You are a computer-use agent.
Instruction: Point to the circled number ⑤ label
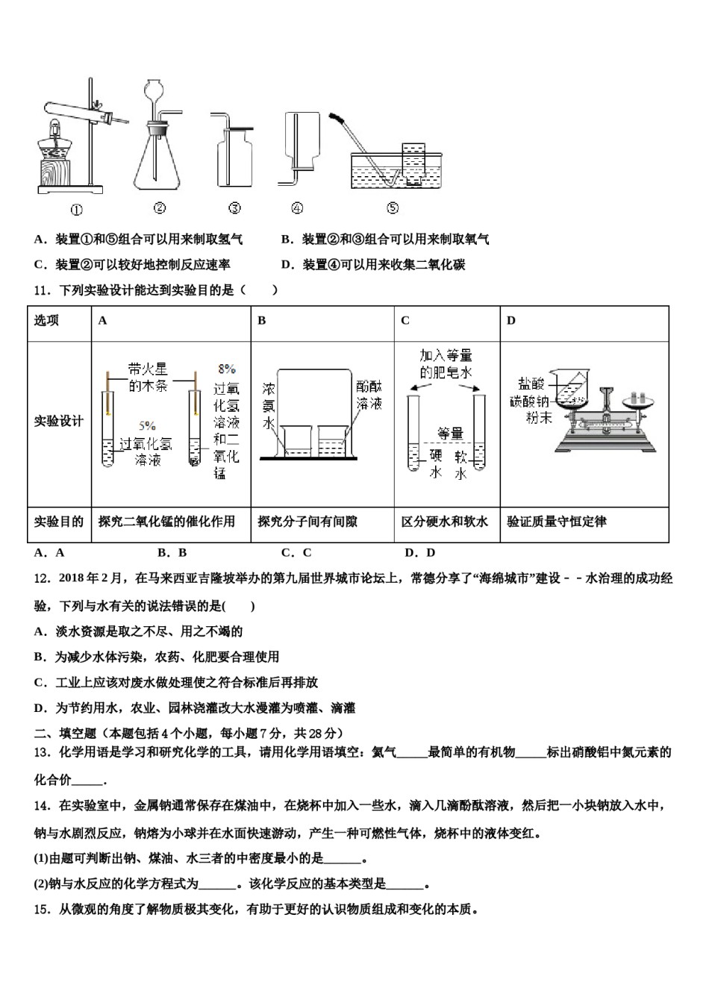click(393, 208)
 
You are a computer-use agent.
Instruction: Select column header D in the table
click(511, 321)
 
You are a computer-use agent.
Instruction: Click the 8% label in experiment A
click(227, 369)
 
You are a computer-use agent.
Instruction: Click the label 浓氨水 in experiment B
click(269, 406)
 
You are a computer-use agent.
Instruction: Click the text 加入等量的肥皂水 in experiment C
click(446, 364)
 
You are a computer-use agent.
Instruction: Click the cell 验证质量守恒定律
click(557, 522)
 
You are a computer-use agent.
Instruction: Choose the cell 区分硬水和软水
click(445, 522)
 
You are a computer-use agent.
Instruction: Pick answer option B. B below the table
click(172, 553)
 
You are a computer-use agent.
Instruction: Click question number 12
click(42, 578)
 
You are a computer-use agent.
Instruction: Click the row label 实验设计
click(58, 422)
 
